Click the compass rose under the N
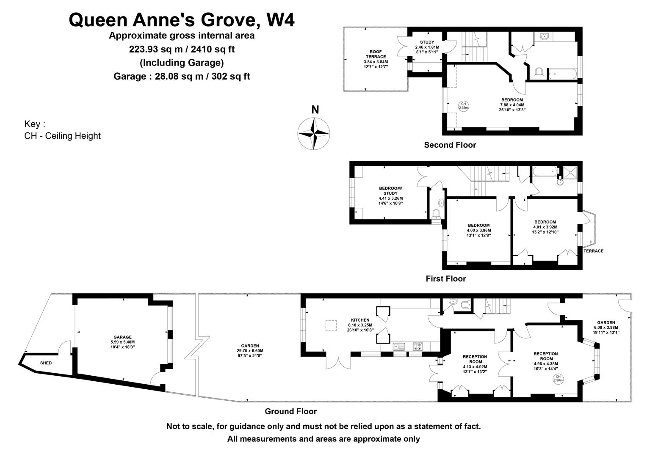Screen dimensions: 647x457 pyautogui.click(x=314, y=134)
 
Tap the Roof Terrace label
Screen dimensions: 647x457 pyautogui.click(x=376, y=54)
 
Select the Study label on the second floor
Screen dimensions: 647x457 pyautogui.click(x=427, y=42)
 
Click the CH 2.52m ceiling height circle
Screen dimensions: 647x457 pyautogui.click(x=464, y=106)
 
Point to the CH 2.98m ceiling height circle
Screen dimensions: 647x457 pyautogui.click(x=559, y=378)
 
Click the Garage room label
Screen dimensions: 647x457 pyautogui.click(x=122, y=337)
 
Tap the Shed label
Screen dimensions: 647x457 pyautogui.click(x=46, y=363)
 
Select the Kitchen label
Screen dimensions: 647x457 pyautogui.click(x=360, y=320)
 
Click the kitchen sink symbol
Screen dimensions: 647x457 pyautogui.click(x=399, y=347)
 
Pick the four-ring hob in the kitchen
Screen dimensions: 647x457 pyautogui.click(x=418, y=347)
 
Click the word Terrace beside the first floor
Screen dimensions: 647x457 pyautogui.click(x=594, y=251)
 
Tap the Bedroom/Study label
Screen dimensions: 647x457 pyautogui.click(x=390, y=191)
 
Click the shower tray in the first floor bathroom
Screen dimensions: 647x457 pyautogui.click(x=570, y=172)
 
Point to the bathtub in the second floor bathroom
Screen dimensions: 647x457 pyautogui.click(x=563, y=74)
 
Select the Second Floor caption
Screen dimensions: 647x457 pyautogui.click(x=450, y=145)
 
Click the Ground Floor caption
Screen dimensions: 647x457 pyautogui.click(x=290, y=411)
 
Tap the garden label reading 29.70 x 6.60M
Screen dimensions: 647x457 pyautogui.click(x=250, y=351)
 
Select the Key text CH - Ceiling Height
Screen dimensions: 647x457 pyautogui.click(x=62, y=136)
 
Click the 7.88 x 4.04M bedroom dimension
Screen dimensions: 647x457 pyautogui.click(x=512, y=105)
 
